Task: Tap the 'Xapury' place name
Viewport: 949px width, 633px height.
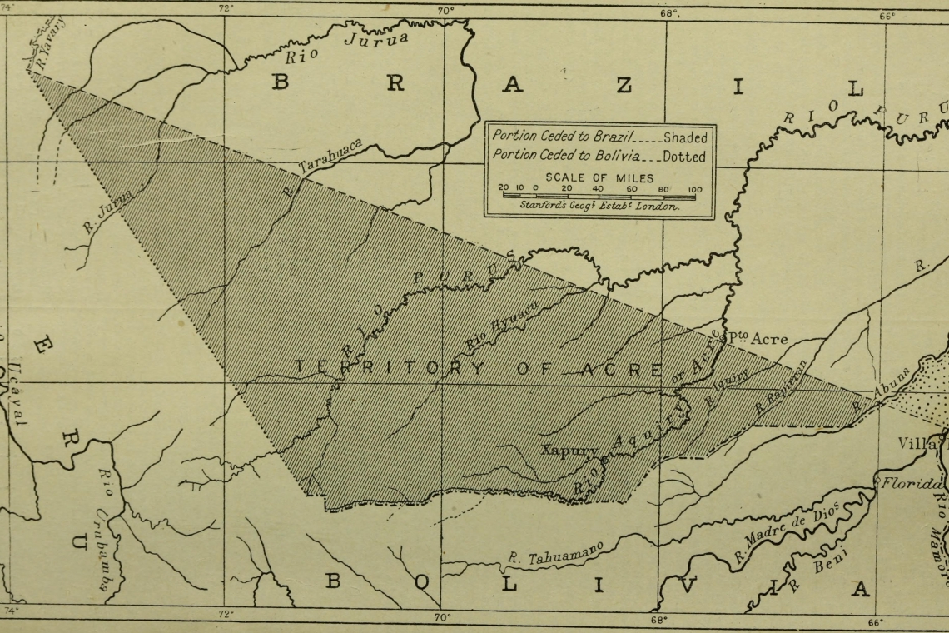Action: (570, 451)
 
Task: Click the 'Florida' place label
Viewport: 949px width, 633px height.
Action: (912, 483)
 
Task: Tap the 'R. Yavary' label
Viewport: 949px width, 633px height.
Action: (51, 41)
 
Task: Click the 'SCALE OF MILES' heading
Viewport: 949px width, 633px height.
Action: (599, 177)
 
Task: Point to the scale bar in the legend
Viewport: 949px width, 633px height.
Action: (599, 196)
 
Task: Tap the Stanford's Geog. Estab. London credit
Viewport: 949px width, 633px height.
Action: (599, 206)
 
